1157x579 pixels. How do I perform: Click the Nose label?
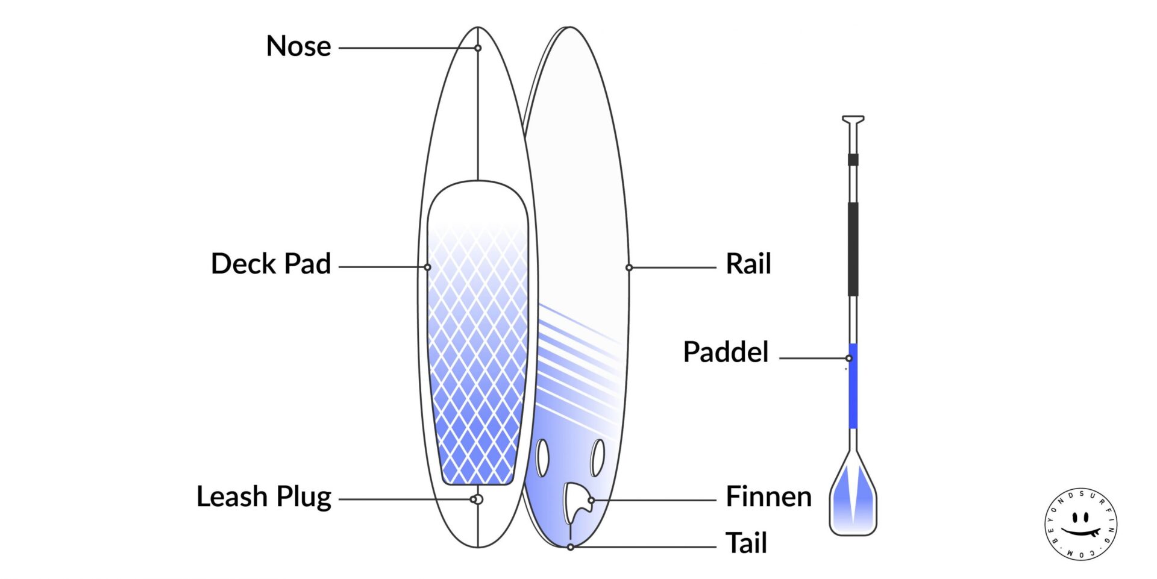point(298,46)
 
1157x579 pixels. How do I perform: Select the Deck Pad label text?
point(271,264)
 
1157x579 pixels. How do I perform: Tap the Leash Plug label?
point(264,497)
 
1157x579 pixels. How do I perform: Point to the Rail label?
point(748,264)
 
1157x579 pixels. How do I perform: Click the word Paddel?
point(726,352)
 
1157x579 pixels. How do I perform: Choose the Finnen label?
point(768,497)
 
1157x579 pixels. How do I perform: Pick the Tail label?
point(746,543)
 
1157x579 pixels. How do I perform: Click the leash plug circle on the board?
point(477,499)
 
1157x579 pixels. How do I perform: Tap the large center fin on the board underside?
point(575,503)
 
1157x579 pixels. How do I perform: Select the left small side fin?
point(542,458)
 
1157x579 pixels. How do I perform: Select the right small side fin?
point(597,458)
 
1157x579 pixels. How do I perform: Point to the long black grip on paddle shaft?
point(853,249)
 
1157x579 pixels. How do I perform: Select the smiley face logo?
point(1080,524)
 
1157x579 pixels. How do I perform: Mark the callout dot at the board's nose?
point(478,48)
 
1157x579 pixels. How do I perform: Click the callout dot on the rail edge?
point(629,268)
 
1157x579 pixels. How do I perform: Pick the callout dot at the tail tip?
point(570,547)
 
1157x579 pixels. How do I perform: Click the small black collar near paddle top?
point(853,160)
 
